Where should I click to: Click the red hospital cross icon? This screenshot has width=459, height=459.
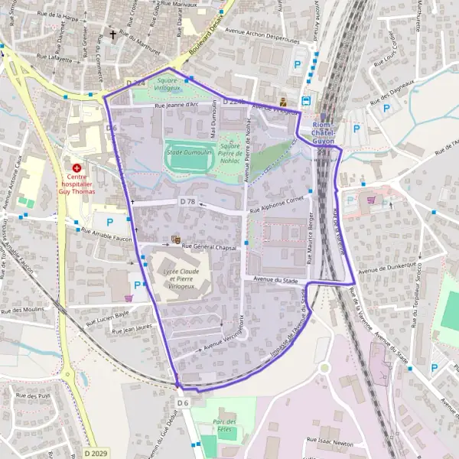tap(76, 168)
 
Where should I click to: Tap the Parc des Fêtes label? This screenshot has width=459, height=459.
tap(223, 426)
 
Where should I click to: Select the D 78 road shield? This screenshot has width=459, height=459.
tap(187, 201)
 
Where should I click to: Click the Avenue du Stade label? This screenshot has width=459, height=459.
tap(275, 281)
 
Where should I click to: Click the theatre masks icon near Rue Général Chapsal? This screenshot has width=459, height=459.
tap(175, 239)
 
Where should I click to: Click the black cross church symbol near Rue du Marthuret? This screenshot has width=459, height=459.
tap(114, 34)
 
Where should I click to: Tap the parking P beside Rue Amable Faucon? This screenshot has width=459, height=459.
tap(109, 222)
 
